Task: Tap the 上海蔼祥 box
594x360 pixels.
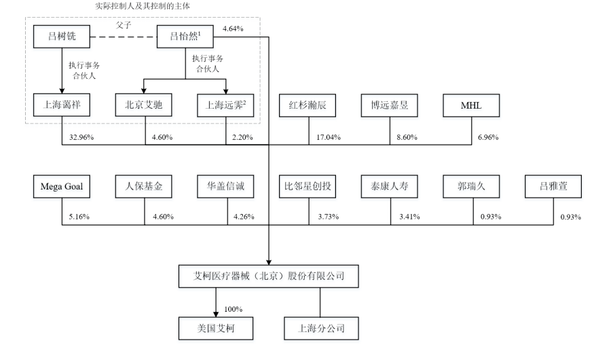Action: [62, 105]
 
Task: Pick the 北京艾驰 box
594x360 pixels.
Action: [144, 105]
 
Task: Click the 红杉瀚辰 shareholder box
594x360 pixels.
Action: [308, 105]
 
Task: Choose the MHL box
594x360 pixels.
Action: [470, 105]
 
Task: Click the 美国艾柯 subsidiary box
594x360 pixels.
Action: [216, 329]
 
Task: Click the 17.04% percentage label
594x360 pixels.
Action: [329, 137]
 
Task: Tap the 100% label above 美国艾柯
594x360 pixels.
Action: [233, 309]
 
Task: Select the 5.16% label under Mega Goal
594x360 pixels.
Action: [79, 217]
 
